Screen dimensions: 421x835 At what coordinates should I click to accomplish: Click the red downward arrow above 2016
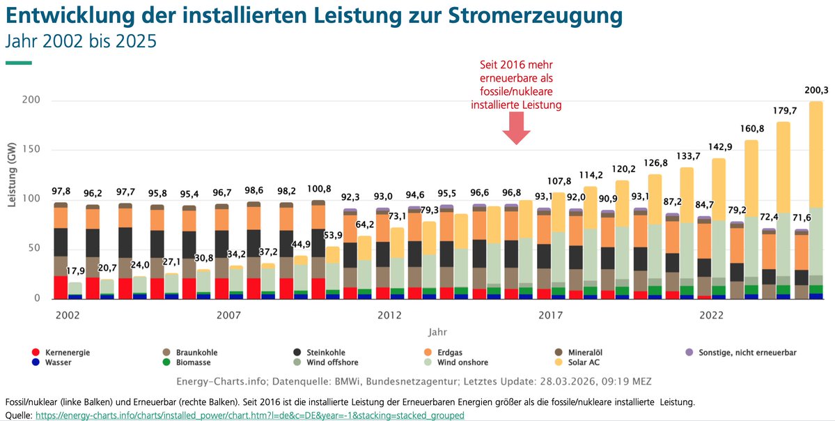[516, 128]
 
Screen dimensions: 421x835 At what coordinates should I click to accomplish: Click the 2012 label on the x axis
[389, 316]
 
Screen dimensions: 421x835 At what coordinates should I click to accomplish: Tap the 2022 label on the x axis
[712, 316]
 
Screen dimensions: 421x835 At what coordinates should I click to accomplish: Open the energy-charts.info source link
[249, 415]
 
